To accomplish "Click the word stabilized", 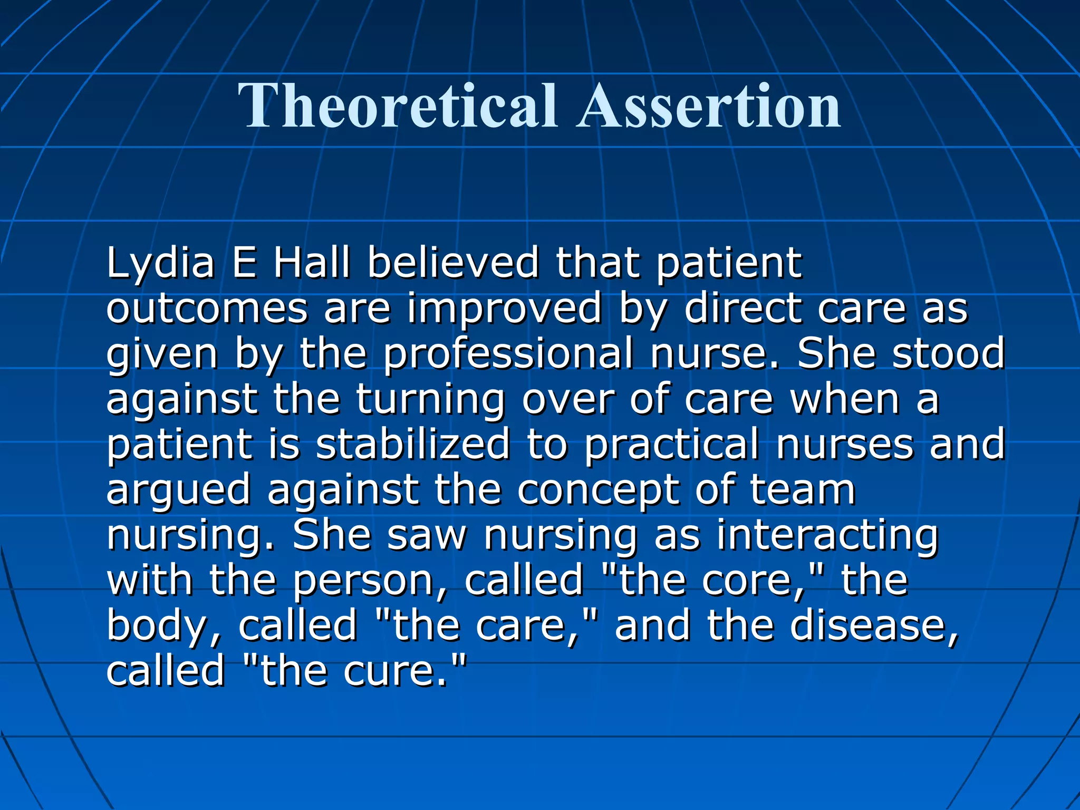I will tap(413, 444).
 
